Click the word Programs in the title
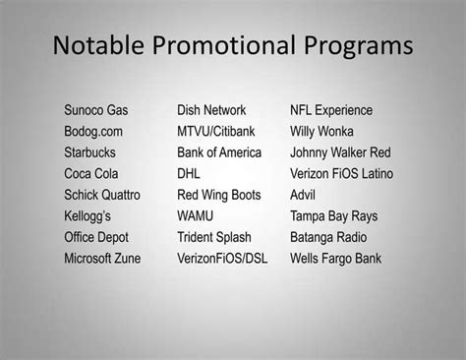[x=352, y=47]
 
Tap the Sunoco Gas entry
[x=96, y=110]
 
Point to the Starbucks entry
[x=91, y=152]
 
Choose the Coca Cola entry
[x=91, y=173]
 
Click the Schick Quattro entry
[x=102, y=195]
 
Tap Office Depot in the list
[x=97, y=237]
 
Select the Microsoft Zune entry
[x=102, y=259]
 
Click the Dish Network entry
[x=211, y=110]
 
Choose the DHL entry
[x=189, y=173]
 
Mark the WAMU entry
[x=195, y=216]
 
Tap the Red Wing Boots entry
[x=219, y=195]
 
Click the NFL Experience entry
[x=330, y=110]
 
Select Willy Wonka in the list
[x=322, y=131]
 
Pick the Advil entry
[x=304, y=195]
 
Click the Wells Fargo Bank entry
[x=335, y=259]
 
